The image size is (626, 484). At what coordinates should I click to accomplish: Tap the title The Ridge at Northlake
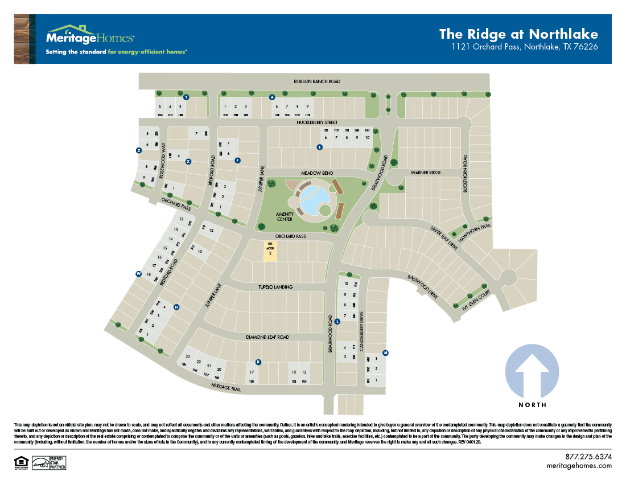pos(518,34)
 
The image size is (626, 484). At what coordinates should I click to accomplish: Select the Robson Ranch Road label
pos(317,81)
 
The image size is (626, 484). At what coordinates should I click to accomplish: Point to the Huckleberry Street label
pos(317,122)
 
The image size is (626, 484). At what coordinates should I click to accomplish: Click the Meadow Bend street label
pos(318,173)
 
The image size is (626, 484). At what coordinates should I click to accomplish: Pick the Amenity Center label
pos(285,217)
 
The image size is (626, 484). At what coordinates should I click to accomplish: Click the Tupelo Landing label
pos(275,287)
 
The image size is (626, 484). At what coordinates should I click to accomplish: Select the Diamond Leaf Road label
pos(267,337)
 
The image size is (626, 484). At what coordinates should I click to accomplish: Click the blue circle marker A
pos(272,97)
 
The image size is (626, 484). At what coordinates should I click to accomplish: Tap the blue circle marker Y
pos(186,97)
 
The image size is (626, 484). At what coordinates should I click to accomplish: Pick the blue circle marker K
pos(258,362)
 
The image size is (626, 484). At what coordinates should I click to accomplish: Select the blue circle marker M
pos(385,353)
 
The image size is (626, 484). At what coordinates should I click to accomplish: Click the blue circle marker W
pos(138,274)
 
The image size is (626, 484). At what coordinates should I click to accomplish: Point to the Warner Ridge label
pos(426,172)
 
